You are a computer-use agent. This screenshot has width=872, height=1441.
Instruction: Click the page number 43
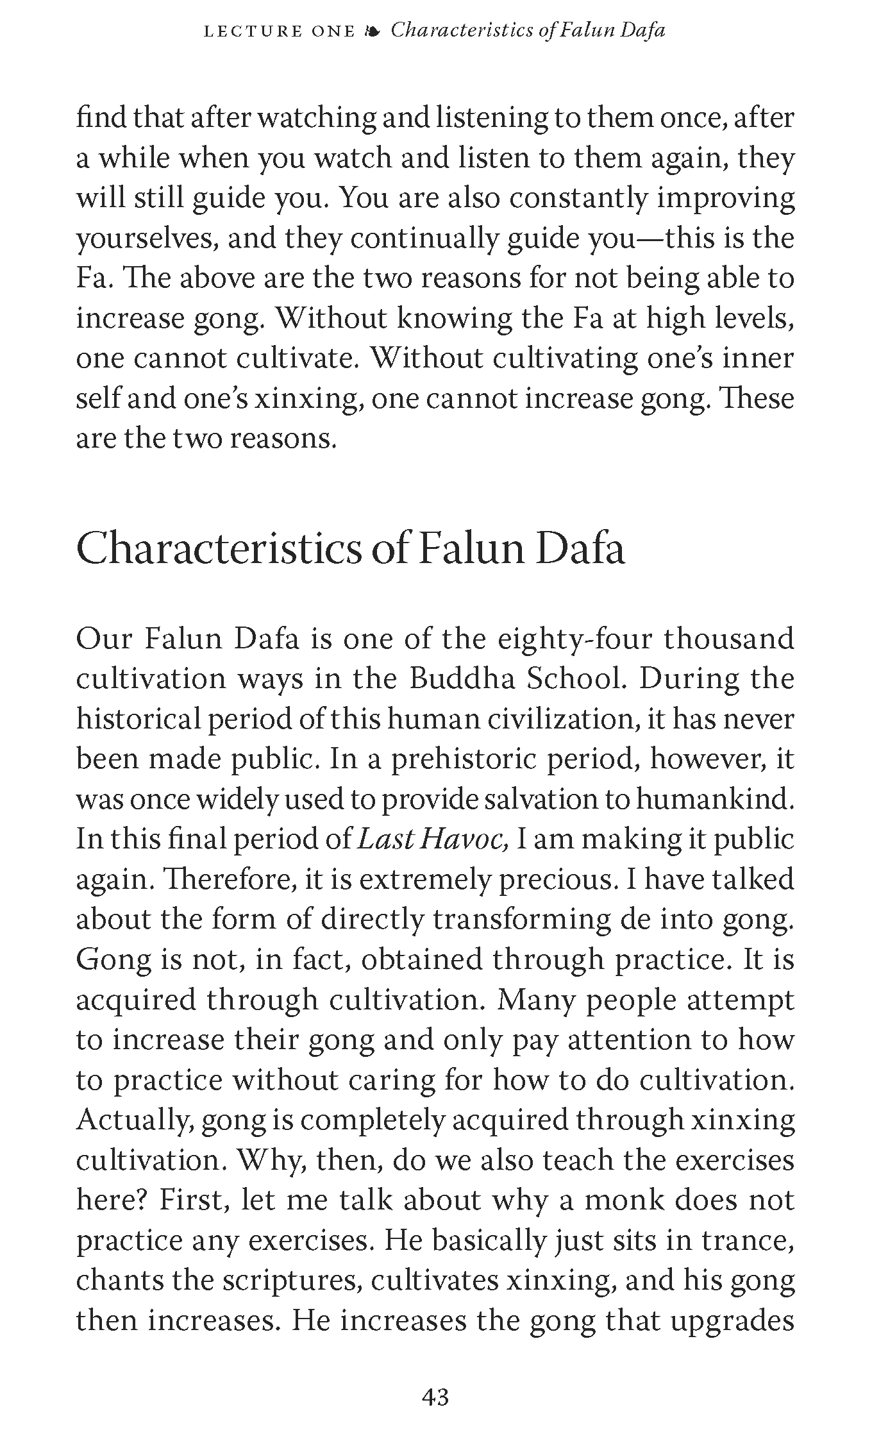(x=435, y=1396)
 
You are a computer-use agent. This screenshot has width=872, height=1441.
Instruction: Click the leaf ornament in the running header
(x=372, y=31)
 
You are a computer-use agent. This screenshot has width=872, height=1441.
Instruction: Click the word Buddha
(x=462, y=678)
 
